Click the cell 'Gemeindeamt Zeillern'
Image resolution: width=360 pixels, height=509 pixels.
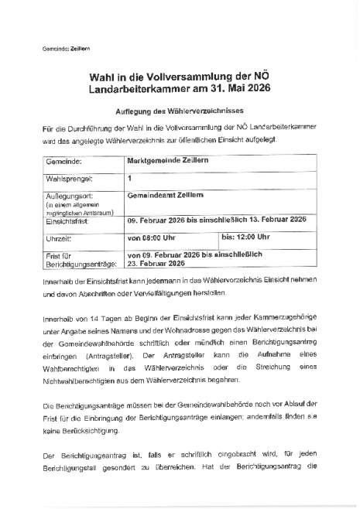pos(165,196)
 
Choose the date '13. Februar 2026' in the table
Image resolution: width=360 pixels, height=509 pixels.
pos(276,220)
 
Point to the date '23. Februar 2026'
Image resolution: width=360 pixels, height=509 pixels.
pos(154,262)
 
